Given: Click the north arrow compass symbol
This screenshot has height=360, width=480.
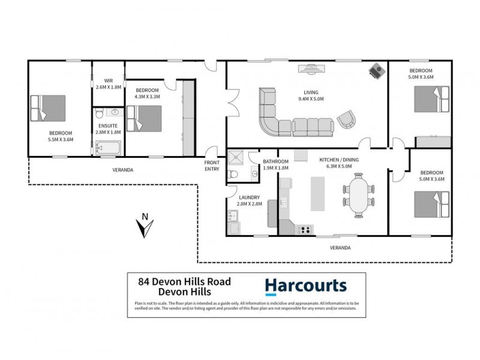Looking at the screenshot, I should (143, 227).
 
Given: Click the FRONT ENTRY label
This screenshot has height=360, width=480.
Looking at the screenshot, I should (212, 166).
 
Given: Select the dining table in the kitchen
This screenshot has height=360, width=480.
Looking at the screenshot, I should (358, 195).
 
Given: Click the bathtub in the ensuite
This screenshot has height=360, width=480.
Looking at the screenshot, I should (109, 148).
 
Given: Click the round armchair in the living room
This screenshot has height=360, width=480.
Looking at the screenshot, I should (346, 119).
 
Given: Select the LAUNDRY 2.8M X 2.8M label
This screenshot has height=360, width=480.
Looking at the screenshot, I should (249, 200).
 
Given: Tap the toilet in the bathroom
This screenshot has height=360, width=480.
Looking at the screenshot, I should (237, 175).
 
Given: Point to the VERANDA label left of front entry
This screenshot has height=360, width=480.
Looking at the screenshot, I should (122, 170).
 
